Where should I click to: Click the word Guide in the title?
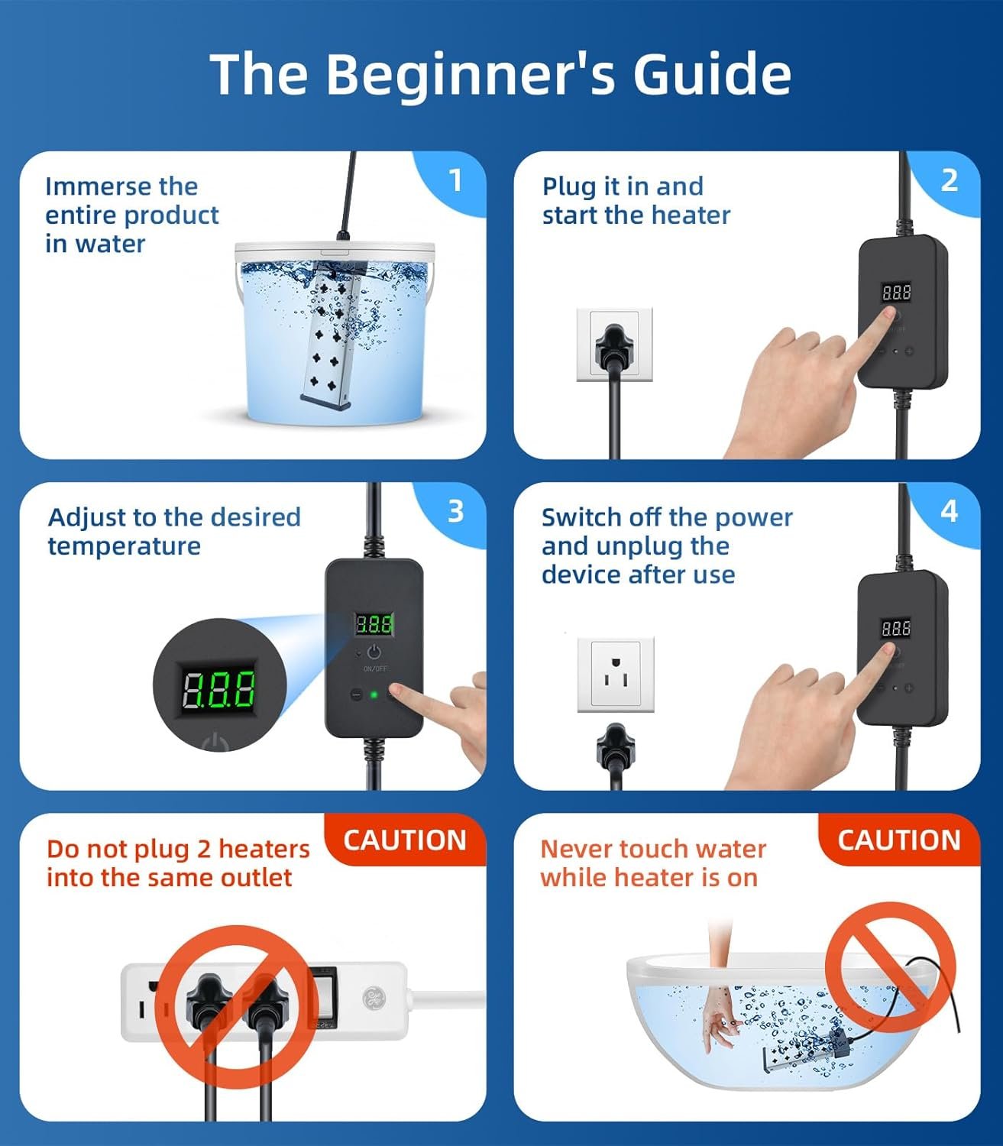[713, 74]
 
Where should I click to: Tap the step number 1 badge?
[455, 180]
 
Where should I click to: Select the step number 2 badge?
[949, 180]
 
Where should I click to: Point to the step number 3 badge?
[455, 511]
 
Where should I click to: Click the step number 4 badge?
[949, 511]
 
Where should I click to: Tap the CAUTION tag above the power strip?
[405, 840]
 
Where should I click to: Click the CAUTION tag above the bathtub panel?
[899, 840]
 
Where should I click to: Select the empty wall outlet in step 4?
[616, 675]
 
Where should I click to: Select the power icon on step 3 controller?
[374, 652]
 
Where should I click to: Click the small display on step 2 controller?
[897, 293]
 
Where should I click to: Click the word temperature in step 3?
[124, 546]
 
